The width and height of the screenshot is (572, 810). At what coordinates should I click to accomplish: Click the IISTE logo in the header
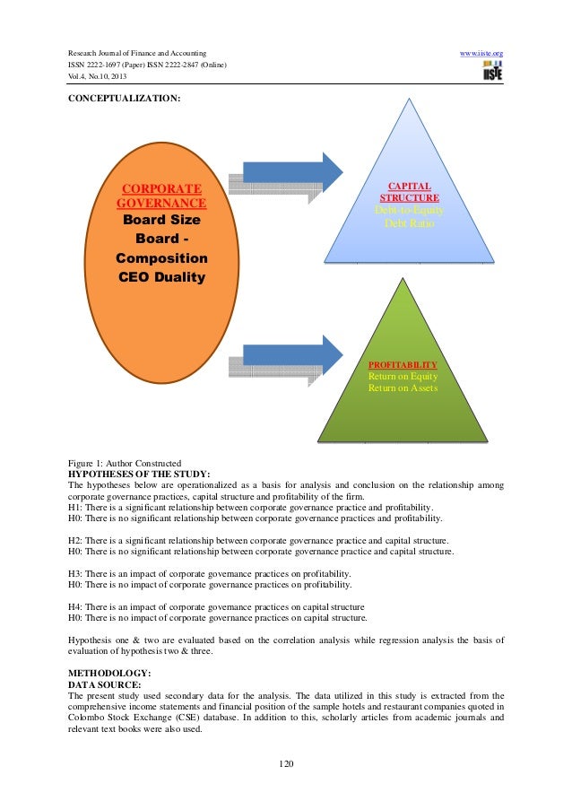492,71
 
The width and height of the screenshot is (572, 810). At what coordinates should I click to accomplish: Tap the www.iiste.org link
481,54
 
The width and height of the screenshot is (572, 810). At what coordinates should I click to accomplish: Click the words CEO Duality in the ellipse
161,277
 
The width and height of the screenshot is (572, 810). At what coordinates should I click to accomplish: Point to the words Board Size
161,220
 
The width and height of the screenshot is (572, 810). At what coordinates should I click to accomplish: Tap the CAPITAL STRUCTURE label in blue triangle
409,192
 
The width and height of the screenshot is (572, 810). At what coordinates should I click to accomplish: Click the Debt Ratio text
409,222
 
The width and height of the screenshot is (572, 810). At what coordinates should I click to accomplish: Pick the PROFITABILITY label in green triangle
403,365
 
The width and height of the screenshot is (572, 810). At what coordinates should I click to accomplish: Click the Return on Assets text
403,389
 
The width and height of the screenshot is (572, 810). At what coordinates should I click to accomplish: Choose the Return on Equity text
403,377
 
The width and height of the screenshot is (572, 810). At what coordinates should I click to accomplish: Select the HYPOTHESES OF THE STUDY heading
139,474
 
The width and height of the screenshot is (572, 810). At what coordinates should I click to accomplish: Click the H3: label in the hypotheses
75,573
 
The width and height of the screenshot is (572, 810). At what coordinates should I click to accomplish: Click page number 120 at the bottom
286,764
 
